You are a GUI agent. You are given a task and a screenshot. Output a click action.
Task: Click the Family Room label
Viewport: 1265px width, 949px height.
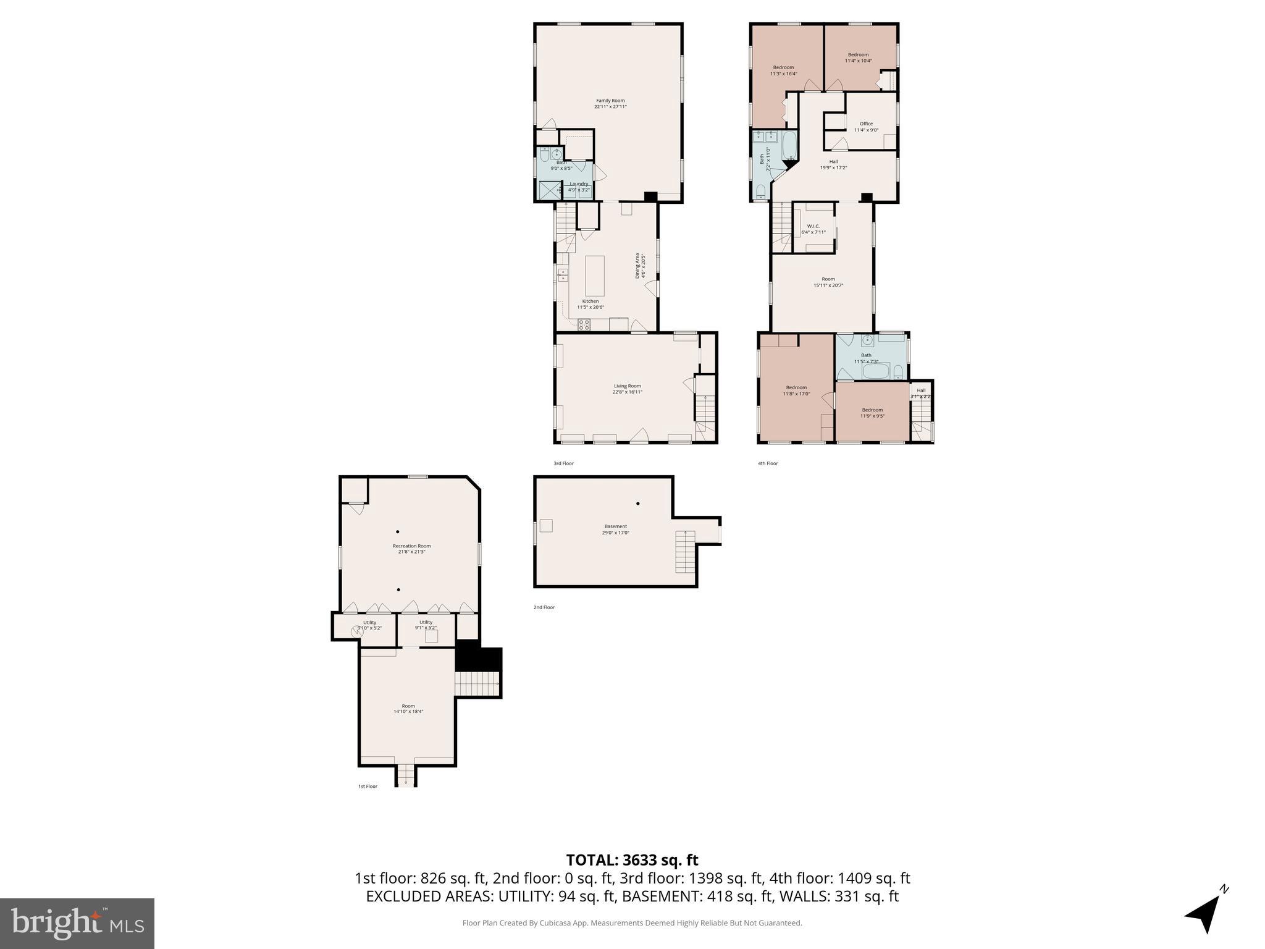click(x=610, y=101)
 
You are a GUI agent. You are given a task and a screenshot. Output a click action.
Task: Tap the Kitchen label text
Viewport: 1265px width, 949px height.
click(x=590, y=302)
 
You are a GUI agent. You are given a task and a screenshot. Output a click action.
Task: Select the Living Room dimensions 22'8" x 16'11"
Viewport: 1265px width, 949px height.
click(x=627, y=392)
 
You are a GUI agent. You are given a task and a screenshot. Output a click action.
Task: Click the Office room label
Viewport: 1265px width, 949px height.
click(x=866, y=124)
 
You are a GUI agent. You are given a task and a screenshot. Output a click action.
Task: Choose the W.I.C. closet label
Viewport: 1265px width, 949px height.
click(x=813, y=226)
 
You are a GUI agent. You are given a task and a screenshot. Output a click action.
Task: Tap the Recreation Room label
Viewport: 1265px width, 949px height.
click(x=411, y=546)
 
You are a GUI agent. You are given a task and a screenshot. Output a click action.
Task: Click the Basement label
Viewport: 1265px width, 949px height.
click(x=615, y=526)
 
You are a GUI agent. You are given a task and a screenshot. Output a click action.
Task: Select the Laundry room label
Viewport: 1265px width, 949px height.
click(x=579, y=183)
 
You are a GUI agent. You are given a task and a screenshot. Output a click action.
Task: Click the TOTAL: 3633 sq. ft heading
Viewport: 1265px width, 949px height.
click(x=632, y=860)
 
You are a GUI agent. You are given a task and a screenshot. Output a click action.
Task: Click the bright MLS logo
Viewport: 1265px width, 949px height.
click(x=77, y=923)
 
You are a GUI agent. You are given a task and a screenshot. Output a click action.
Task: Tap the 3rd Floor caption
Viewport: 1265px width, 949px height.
click(x=563, y=463)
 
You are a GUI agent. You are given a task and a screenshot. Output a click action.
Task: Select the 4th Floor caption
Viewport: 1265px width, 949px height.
click(x=768, y=463)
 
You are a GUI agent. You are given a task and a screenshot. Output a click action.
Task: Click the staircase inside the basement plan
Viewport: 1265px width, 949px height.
click(x=685, y=551)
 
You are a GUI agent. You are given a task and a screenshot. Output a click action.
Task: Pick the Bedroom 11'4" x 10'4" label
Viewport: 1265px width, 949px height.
click(x=858, y=57)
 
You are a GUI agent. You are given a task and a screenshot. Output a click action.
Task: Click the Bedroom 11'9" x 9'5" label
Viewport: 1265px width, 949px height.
click(x=872, y=413)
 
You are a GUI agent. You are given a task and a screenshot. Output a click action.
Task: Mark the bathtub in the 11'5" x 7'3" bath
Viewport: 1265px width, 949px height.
click(x=876, y=371)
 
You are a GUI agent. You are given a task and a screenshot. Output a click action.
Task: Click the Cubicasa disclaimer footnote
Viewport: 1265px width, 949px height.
click(x=632, y=923)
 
